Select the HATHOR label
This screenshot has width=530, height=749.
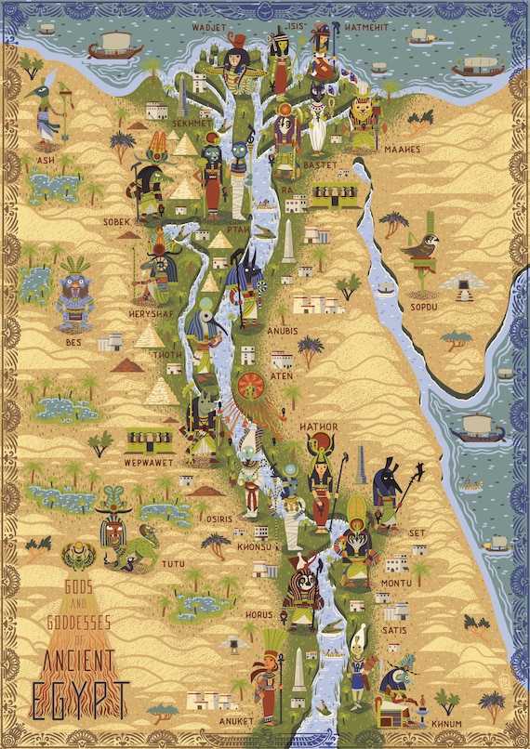coord(318,427)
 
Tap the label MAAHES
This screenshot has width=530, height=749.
coord(401,149)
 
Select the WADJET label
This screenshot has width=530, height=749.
coord(209,28)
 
